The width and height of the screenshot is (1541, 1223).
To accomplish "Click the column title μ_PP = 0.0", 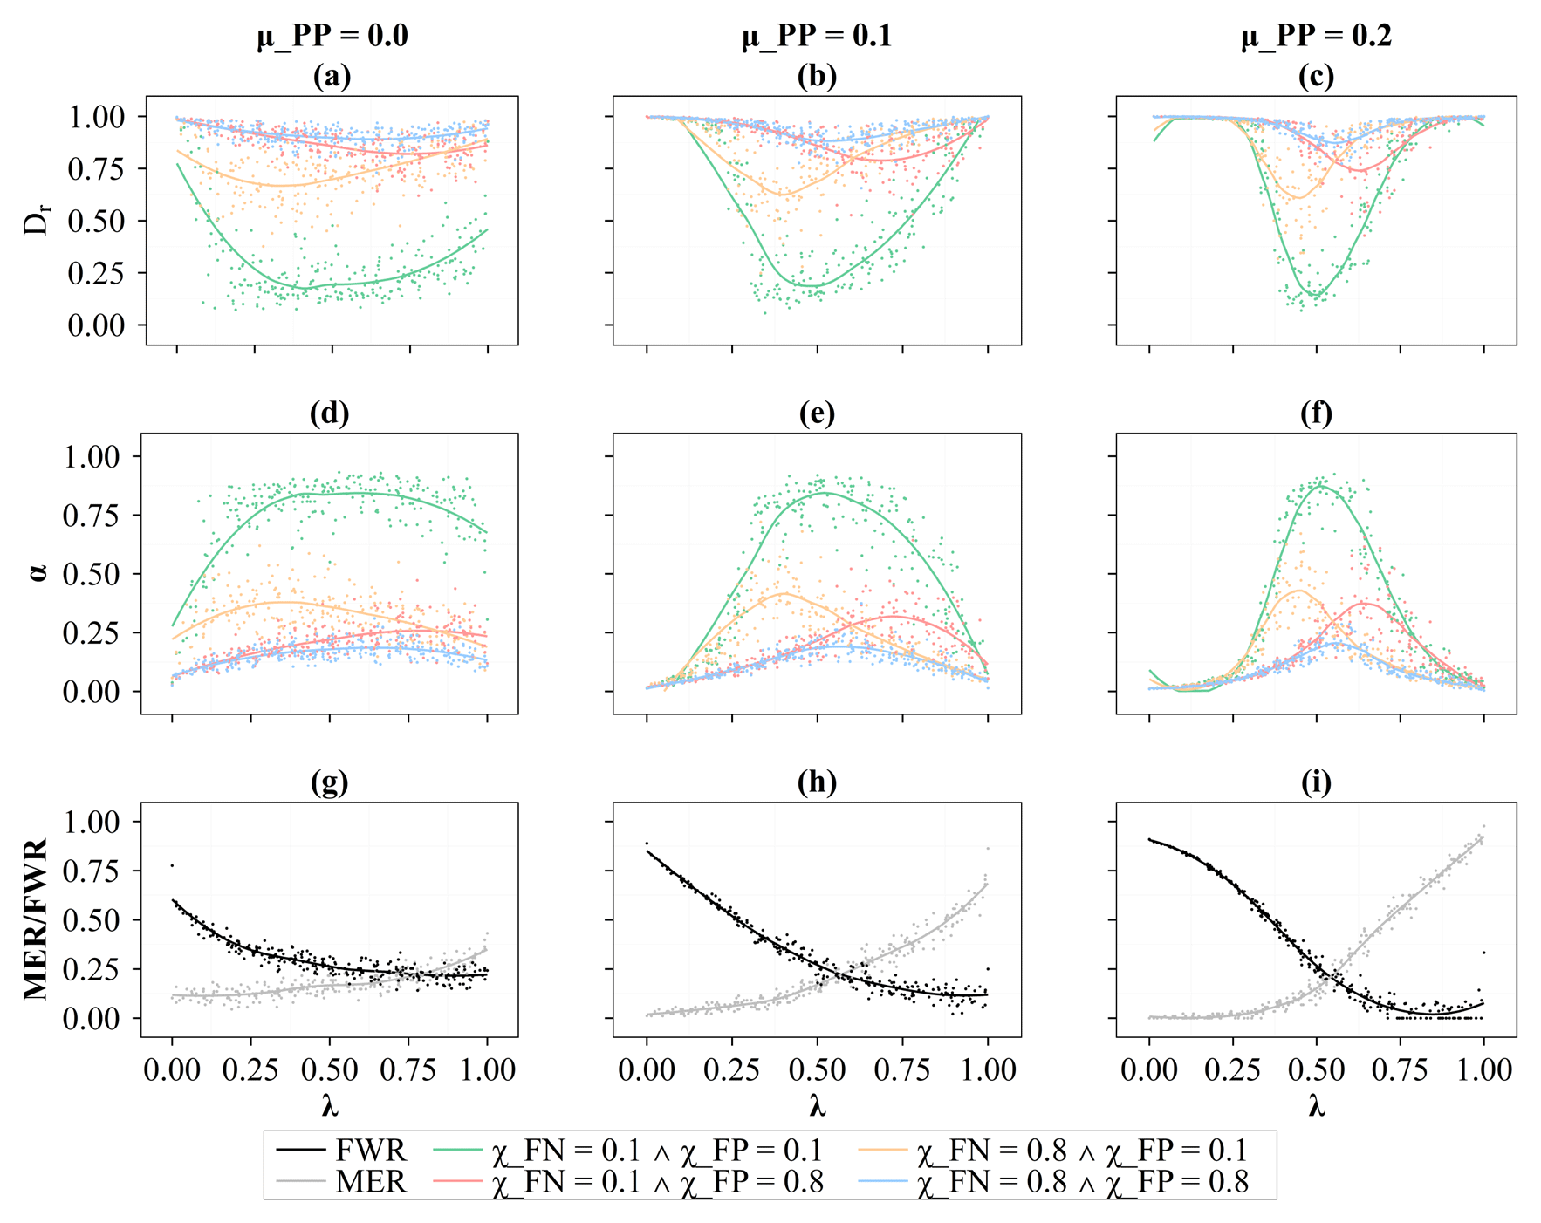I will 332,36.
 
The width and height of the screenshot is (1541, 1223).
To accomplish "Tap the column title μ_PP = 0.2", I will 1316,36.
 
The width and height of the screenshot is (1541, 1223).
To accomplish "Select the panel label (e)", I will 817,413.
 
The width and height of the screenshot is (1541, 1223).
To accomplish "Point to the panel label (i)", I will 1316,782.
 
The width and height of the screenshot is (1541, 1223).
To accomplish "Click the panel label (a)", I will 332,77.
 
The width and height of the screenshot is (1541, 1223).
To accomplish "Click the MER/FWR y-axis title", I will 35,919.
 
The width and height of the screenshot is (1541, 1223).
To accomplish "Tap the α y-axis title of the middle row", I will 37,573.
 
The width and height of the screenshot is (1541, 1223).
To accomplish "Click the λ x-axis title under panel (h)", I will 817,1106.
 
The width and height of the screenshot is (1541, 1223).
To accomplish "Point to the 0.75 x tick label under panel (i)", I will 1401,1069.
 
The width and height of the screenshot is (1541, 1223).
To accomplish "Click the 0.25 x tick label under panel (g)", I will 251,1069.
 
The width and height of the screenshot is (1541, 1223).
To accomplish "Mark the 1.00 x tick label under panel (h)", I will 988,1069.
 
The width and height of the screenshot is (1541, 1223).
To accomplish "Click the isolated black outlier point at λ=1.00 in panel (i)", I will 1483,952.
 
